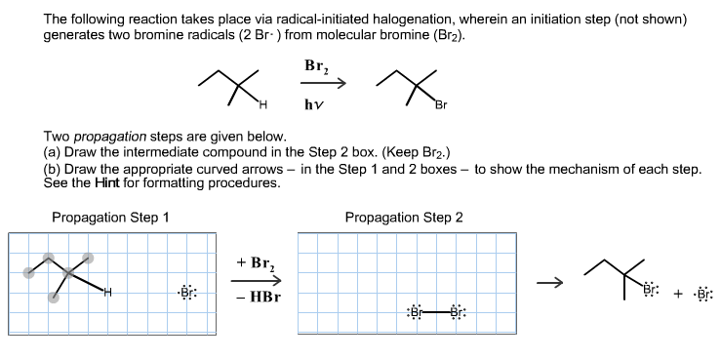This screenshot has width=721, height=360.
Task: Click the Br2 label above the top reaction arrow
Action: point(316,68)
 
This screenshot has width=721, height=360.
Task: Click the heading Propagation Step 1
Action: point(110,217)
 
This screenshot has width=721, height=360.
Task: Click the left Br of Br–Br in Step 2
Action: point(416,312)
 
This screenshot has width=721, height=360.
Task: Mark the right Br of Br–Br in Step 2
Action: point(457,312)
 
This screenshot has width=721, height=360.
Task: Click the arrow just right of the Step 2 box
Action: point(553,284)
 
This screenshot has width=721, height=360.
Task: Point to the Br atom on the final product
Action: point(651,290)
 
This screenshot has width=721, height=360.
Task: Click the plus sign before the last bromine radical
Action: point(677,292)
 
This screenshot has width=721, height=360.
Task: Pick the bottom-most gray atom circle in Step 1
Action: point(53,298)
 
